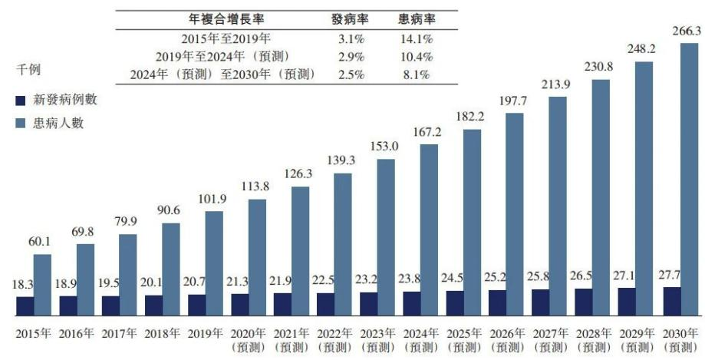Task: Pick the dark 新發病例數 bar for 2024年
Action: (411, 304)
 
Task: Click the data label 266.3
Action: (688, 31)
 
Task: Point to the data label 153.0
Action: (385, 148)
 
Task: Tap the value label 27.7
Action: (670, 274)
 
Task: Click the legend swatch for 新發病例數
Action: (21, 100)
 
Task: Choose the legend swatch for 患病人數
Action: (21, 124)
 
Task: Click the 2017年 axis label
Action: (120, 334)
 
